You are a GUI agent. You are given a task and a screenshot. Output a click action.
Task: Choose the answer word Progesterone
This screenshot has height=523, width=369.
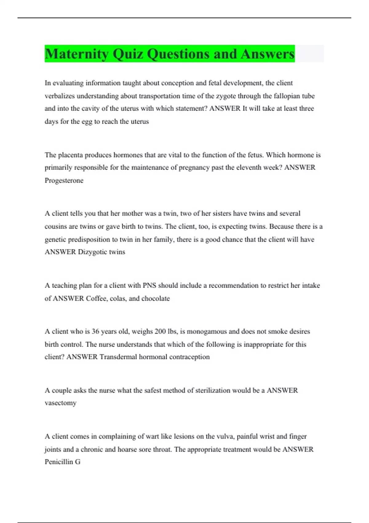point(64,181)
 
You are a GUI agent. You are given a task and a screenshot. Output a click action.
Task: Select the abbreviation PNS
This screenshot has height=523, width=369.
point(149,285)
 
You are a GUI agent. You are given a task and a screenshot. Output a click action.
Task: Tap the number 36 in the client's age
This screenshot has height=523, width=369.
point(95,332)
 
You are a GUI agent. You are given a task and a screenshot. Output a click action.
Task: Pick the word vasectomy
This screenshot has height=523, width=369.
point(60,403)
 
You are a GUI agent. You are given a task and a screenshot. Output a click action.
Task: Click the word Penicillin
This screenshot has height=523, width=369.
point(58,462)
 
